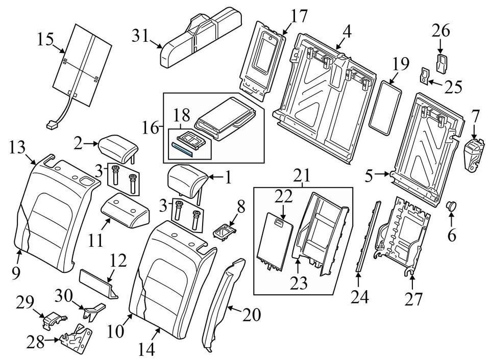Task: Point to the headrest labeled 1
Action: click(x=186, y=178)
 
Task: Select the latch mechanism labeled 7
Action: click(x=474, y=152)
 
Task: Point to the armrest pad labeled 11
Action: click(x=126, y=210)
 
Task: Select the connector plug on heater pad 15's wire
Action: click(x=52, y=123)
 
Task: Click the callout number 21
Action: click(x=304, y=176)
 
